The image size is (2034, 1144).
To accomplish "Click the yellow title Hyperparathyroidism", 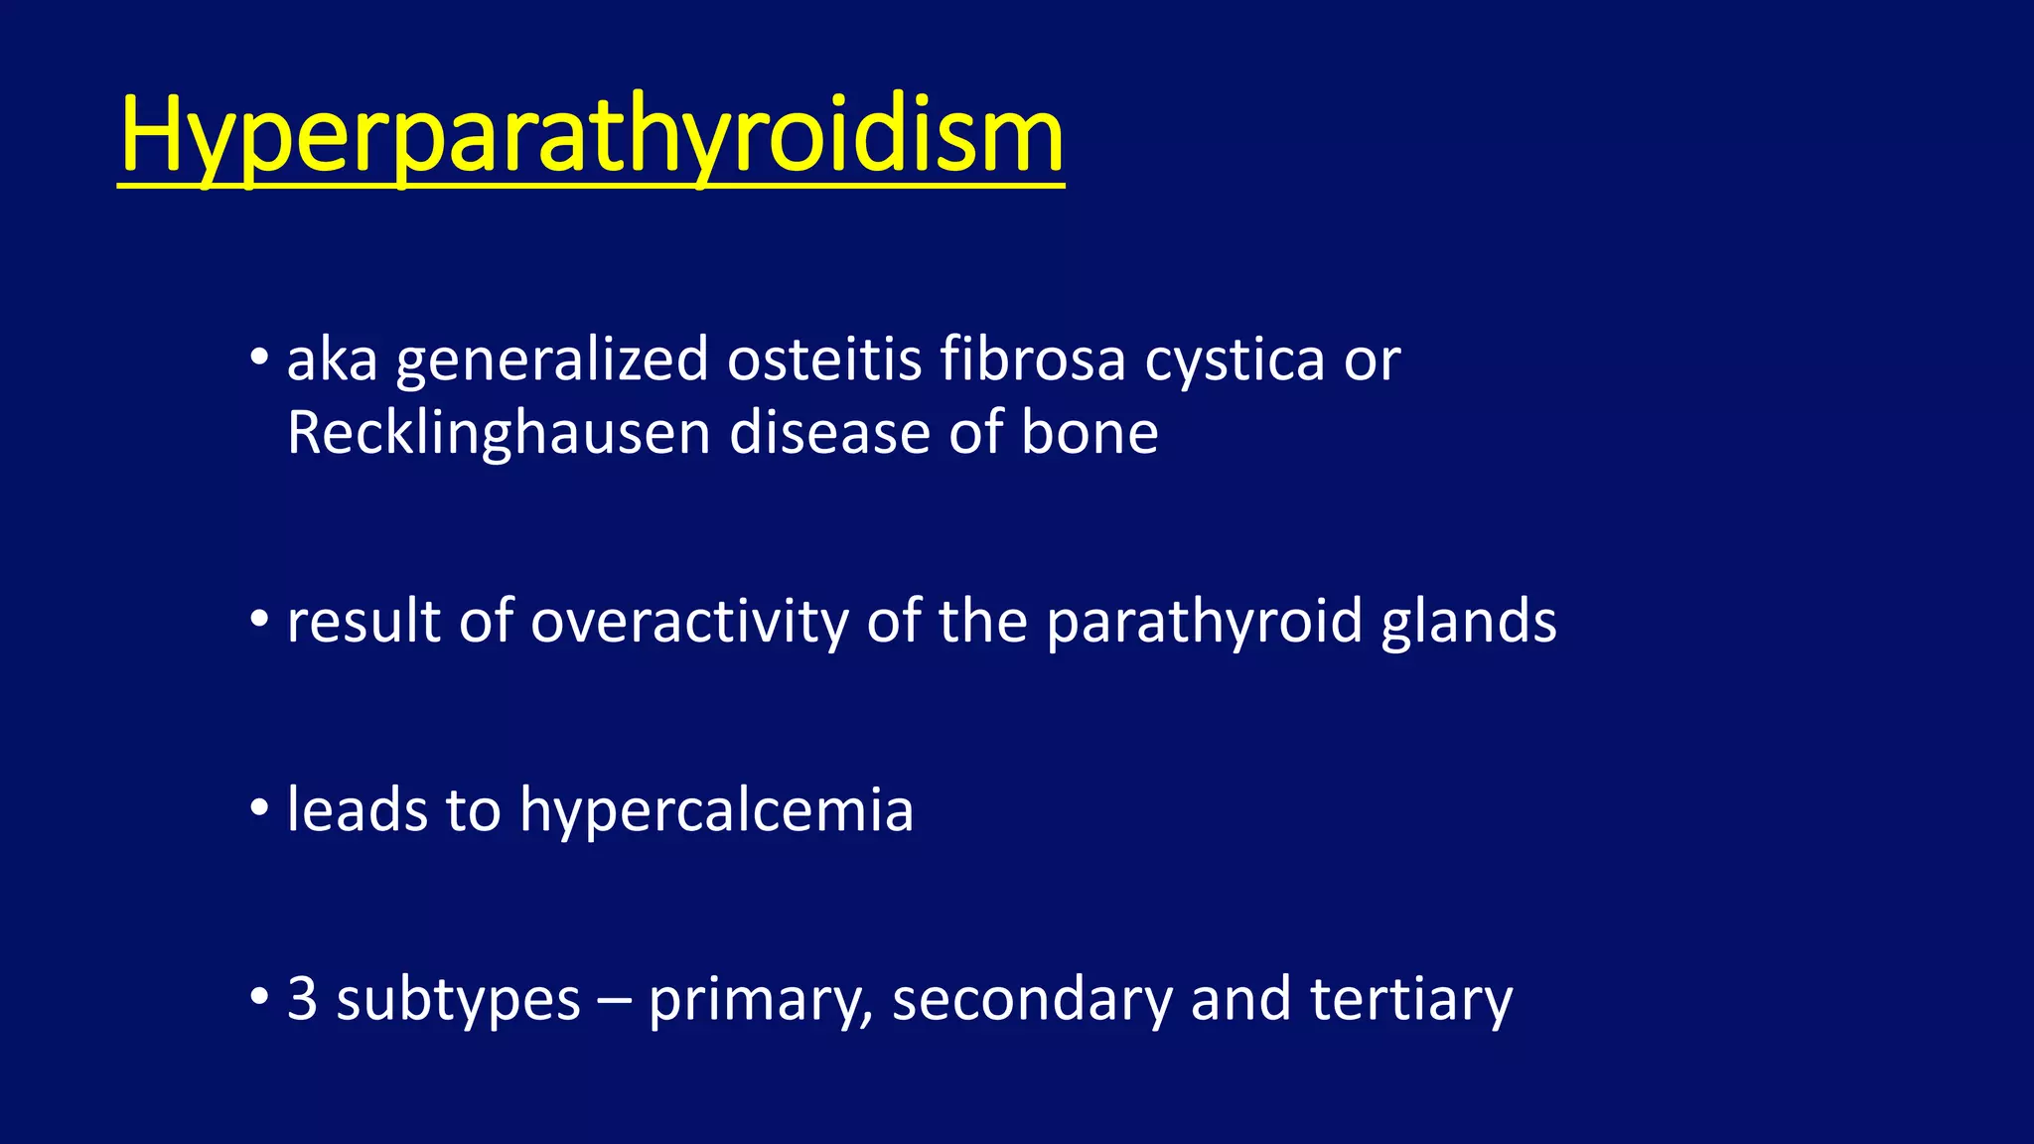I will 591,136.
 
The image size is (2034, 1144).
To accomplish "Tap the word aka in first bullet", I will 332,359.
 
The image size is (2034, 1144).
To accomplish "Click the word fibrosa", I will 1032,359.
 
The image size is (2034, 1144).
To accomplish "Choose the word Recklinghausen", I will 498,434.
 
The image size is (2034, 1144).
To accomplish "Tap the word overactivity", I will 689,623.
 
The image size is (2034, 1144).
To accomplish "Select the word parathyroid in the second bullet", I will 1204,624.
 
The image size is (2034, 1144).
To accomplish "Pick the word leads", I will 357,809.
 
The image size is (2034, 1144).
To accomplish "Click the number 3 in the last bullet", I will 302,999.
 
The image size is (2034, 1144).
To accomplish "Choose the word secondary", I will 1032,999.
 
